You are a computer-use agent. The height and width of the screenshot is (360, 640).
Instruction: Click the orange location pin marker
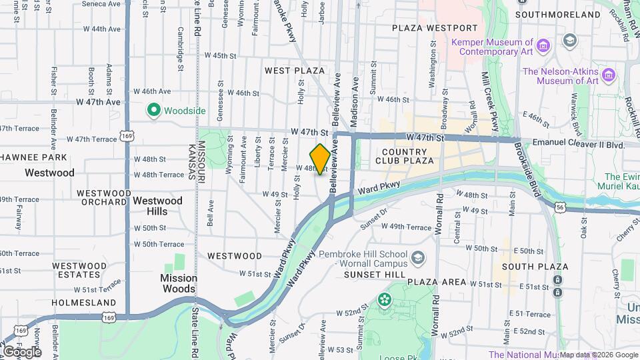(320, 159)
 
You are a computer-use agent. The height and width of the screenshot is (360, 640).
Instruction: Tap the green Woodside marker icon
(153, 110)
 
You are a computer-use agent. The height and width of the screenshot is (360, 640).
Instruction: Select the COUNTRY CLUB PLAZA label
(405, 156)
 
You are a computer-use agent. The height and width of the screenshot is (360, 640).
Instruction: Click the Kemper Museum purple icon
(544, 45)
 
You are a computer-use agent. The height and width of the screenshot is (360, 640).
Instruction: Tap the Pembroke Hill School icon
(417, 257)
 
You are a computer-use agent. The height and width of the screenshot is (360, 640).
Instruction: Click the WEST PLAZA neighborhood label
(294, 70)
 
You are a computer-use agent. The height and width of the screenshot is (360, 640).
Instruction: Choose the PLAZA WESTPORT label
(435, 28)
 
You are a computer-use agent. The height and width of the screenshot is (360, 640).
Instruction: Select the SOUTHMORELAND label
(569, 14)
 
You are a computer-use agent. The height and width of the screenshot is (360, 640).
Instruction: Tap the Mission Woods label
(178, 283)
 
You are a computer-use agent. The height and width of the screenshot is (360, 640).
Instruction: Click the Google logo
(21, 351)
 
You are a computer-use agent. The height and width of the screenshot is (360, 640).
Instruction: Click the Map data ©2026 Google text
(599, 355)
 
